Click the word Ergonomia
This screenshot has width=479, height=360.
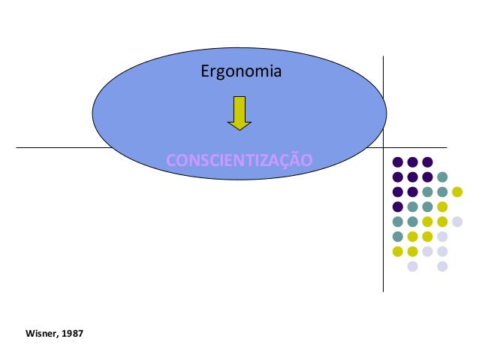coord(241,73)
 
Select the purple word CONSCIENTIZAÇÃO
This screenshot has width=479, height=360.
coord(239,160)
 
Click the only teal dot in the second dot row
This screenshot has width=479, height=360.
coord(442,177)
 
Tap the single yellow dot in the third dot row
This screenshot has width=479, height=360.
coord(456,192)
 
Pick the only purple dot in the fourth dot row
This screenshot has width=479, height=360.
coord(398,207)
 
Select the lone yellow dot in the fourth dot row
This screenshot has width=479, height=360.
coord(442,207)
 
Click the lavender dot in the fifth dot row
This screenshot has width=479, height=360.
coord(456,221)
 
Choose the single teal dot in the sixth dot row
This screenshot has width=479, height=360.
coord(398,236)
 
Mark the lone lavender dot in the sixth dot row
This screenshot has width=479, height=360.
coord(442,236)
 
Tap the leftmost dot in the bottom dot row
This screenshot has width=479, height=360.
coord(412,265)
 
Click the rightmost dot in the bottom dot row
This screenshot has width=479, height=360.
coord(442,265)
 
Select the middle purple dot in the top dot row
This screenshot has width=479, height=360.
coord(412,162)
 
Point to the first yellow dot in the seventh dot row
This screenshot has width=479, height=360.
coord(398,250)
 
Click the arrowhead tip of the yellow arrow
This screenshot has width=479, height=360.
coord(239,129)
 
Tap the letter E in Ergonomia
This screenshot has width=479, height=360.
coord(205,73)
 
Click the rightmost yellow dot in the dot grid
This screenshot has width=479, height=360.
coord(456,192)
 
